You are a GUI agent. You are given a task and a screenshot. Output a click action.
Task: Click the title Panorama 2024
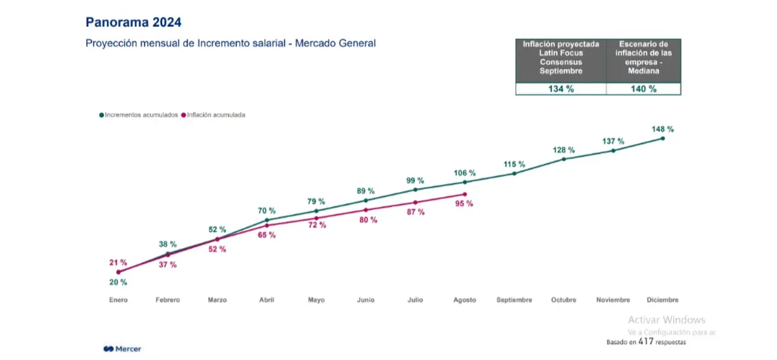(x=133, y=22)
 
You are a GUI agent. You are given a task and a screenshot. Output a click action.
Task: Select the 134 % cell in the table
(x=561, y=89)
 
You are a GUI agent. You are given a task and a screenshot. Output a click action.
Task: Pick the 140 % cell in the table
(x=643, y=89)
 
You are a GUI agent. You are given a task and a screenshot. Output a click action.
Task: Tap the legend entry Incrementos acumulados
(x=138, y=115)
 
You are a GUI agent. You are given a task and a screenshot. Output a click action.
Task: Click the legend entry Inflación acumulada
(x=213, y=115)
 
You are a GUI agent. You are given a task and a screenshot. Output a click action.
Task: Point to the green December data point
(x=662, y=138)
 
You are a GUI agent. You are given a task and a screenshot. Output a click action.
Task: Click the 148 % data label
(x=662, y=129)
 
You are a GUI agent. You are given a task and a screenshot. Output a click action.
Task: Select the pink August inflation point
(x=465, y=194)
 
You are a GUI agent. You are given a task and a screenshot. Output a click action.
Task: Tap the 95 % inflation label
(x=464, y=203)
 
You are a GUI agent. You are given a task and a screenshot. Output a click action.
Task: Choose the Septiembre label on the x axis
(x=514, y=300)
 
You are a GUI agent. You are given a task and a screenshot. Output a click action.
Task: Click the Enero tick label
(x=118, y=300)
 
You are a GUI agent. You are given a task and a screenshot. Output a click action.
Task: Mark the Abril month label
(x=266, y=300)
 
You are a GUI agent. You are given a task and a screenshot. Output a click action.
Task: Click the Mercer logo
(x=123, y=349)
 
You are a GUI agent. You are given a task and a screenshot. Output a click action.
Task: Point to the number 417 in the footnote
(x=645, y=342)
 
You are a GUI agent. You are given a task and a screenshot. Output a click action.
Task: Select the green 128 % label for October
(x=564, y=150)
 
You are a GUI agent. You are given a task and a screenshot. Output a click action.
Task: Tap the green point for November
(x=613, y=151)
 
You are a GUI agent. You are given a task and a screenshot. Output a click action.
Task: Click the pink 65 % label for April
(x=266, y=235)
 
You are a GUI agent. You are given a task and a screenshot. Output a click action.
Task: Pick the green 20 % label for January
(x=118, y=282)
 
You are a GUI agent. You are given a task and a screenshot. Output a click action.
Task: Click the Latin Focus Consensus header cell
(x=561, y=61)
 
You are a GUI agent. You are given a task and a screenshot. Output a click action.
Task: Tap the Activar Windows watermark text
(x=667, y=320)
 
